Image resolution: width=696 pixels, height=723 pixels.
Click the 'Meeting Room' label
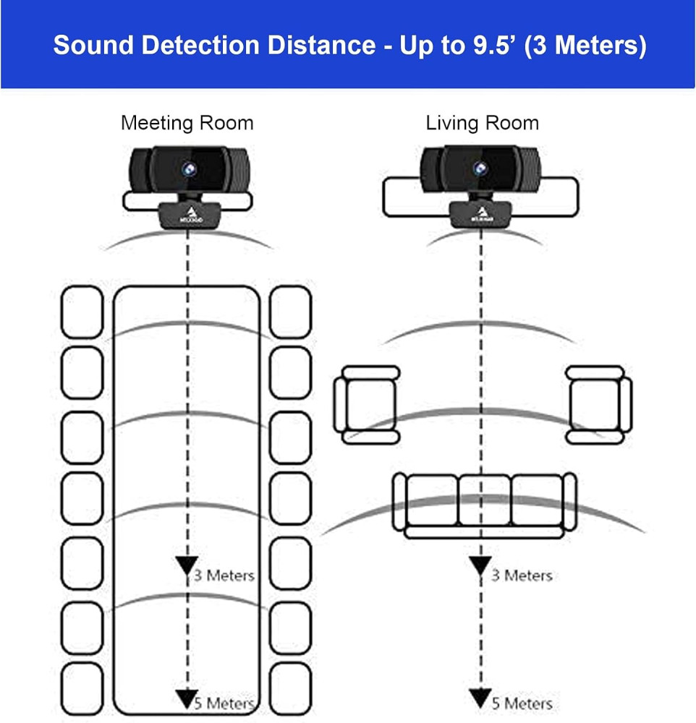click(187, 122)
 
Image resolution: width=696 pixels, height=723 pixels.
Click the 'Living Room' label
click(482, 122)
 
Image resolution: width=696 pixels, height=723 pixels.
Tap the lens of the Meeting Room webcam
click(187, 168)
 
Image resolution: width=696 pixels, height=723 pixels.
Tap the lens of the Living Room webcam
click(478, 168)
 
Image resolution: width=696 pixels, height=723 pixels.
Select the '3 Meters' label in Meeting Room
click(224, 576)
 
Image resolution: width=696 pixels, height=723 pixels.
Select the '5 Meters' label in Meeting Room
click(224, 703)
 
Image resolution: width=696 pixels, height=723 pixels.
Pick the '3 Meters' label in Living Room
click(522, 576)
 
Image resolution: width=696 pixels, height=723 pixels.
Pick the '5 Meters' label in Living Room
click(522, 703)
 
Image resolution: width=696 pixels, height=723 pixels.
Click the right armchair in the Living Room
click(598, 404)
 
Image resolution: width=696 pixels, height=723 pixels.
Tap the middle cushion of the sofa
click(484, 499)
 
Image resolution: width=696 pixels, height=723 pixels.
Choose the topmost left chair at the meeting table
click(82, 312)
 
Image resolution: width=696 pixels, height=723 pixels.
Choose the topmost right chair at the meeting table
click(290, 312)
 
